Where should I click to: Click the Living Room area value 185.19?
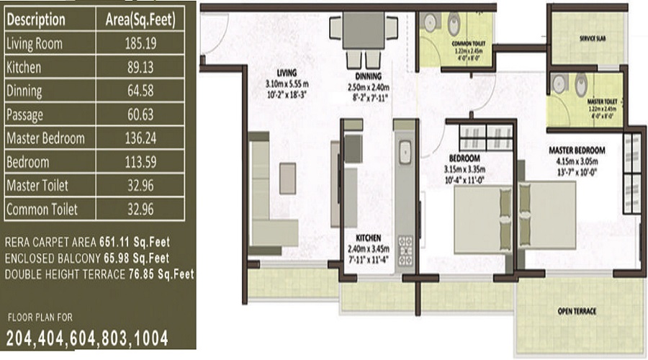[141, 43]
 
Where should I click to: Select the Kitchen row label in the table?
[23, 67]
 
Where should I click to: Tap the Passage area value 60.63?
[141, 114]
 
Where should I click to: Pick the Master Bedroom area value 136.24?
[141, 138]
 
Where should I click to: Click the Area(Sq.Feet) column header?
[141, 19]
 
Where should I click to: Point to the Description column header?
[35, 19]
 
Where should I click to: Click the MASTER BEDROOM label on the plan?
[577, 150]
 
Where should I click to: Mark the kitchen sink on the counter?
[405, 151]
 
